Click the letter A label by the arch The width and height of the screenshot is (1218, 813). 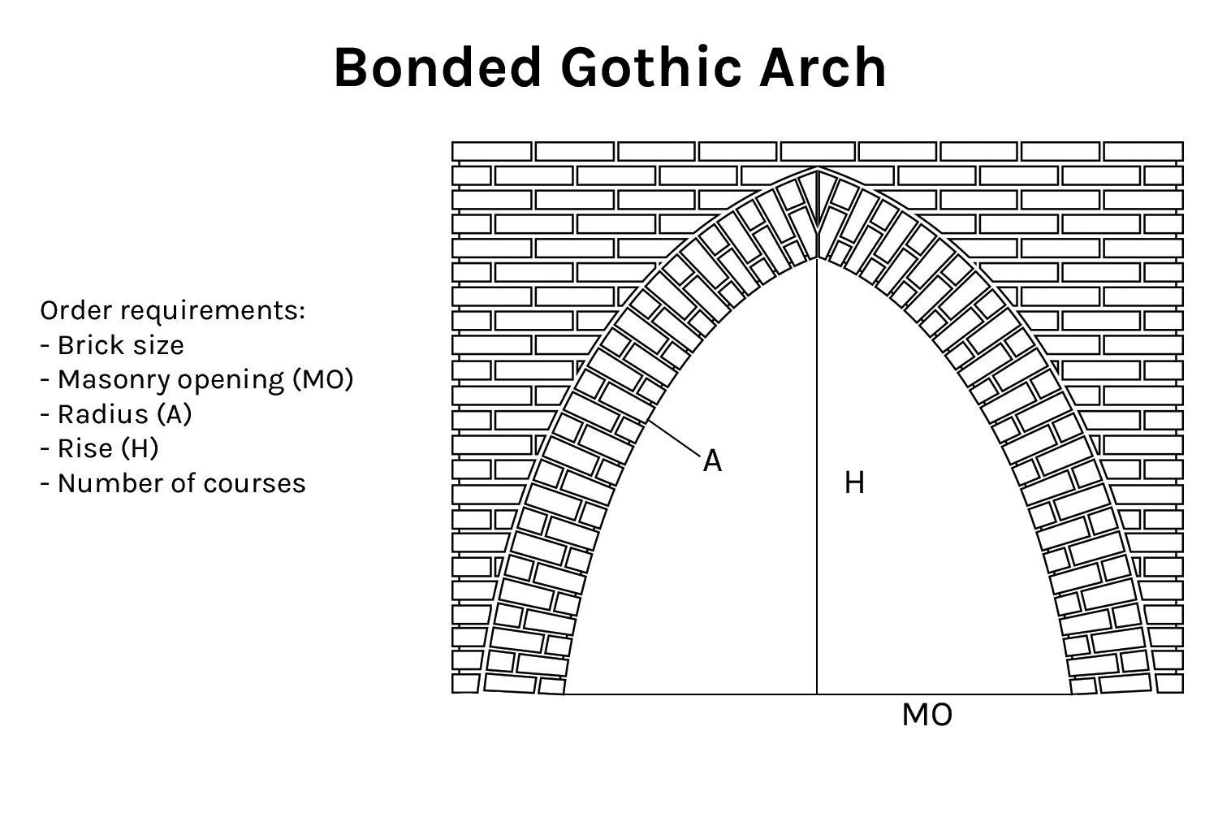(x=712, y=461)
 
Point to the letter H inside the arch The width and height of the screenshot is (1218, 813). (x=854, y=482)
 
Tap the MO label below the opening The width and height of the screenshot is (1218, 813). (x=927, y=715)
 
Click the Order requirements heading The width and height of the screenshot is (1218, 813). (x=173, y=311)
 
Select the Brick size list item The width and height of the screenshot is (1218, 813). (x=113, y=345)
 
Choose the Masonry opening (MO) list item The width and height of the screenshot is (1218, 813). (x=197, y=379)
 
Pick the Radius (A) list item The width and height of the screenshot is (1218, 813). (x=116, y=414)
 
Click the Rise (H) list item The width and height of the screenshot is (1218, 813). (x=100, y=448)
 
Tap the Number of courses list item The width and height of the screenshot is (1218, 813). (x=173, y=483)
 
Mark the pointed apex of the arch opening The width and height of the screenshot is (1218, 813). (x=817, y=259)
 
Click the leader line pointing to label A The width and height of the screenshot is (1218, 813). (x=673, y=439)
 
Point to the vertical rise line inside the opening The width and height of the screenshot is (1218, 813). (x=817, y=477)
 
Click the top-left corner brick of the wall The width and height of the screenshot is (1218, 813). (x=491, y=151)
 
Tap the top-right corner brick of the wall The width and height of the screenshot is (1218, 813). (x=1143, y=151)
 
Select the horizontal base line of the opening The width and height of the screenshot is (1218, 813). (x=818, y=694)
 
